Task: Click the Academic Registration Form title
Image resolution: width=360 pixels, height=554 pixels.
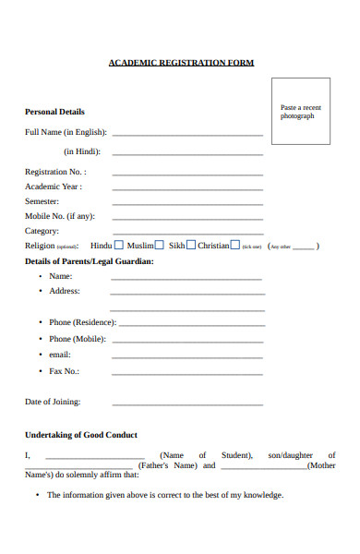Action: [x=181, y=63]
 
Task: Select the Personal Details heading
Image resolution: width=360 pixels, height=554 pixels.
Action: [x=54, y=112]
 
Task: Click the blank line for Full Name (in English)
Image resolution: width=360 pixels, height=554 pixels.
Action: [x=187, y=136]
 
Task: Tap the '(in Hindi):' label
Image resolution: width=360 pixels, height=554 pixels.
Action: [x=82, y=151]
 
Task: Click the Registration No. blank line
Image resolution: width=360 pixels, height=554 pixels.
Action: [x=187, y=175]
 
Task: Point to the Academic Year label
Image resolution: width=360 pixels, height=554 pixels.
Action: [x=54, y=187]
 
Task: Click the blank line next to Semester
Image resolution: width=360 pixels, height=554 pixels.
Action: [x=187, y=204]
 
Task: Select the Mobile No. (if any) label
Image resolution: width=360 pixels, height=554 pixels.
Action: [x=60, y=216]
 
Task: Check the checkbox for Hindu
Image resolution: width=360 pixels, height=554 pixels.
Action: [x=119, y=246]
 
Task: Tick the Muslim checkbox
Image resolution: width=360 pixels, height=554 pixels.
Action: [x=159, y=246]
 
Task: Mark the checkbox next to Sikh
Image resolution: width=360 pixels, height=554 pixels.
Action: [x=191, y=246]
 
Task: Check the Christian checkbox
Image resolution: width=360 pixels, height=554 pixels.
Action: [x=234, y=246]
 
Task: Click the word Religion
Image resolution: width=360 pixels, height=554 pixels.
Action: [x=41, y=247]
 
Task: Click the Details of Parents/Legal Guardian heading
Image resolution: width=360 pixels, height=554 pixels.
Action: [x=89, y=261]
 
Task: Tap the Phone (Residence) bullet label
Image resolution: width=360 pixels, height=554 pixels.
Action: [x=82, y=322]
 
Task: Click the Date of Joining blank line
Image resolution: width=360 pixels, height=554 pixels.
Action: [x=187, y=404]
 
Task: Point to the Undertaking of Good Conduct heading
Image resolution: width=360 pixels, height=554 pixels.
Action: [x=81, y=435]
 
